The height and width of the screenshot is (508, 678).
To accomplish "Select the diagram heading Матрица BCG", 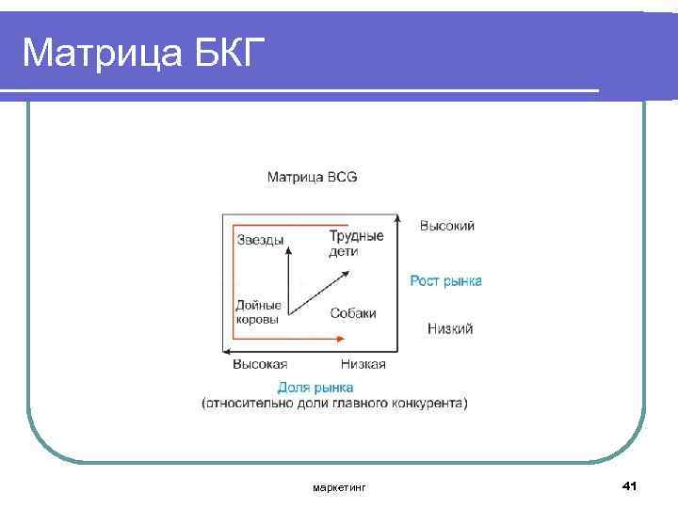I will (x=312, y=177).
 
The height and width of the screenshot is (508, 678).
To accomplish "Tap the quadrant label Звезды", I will (x=260, y=240).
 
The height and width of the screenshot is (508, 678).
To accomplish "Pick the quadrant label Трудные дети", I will (x=356, y=243).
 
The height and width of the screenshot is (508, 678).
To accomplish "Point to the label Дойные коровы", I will (x=258, y=312).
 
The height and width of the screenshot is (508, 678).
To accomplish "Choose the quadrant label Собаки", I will (x=353, y=313).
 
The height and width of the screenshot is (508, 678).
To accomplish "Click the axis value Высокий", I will (x=446, y=226).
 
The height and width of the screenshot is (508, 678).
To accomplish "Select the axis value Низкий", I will (x=449, y=328).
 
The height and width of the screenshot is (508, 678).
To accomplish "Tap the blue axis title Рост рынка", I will (x=445, y=280).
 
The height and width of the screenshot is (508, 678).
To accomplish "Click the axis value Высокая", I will (x=259, y=364).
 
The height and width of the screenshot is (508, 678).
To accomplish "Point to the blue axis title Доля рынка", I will (x=315, y=387).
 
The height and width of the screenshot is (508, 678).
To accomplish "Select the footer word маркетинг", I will (x=339, y=487).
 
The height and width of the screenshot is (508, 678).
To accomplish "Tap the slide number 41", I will (x=630, y=485).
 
